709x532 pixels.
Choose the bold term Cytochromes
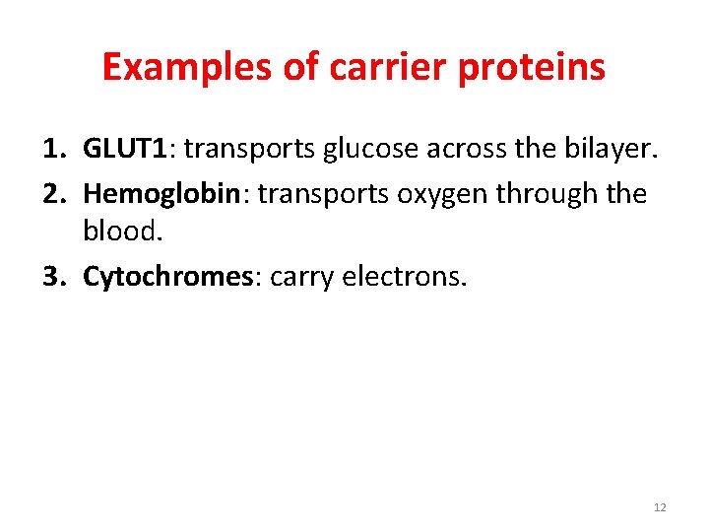[x=168, y=277]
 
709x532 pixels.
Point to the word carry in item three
[x=301, y=277]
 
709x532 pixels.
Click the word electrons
[x=405, y=277]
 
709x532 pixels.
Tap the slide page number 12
[x=660, y=507]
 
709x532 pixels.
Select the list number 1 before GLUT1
[x=52, y=150]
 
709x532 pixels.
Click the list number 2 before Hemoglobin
[x=52, y=193]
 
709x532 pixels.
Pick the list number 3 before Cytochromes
[x=52, y=277]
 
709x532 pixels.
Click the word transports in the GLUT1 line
[x=245, y=150]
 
